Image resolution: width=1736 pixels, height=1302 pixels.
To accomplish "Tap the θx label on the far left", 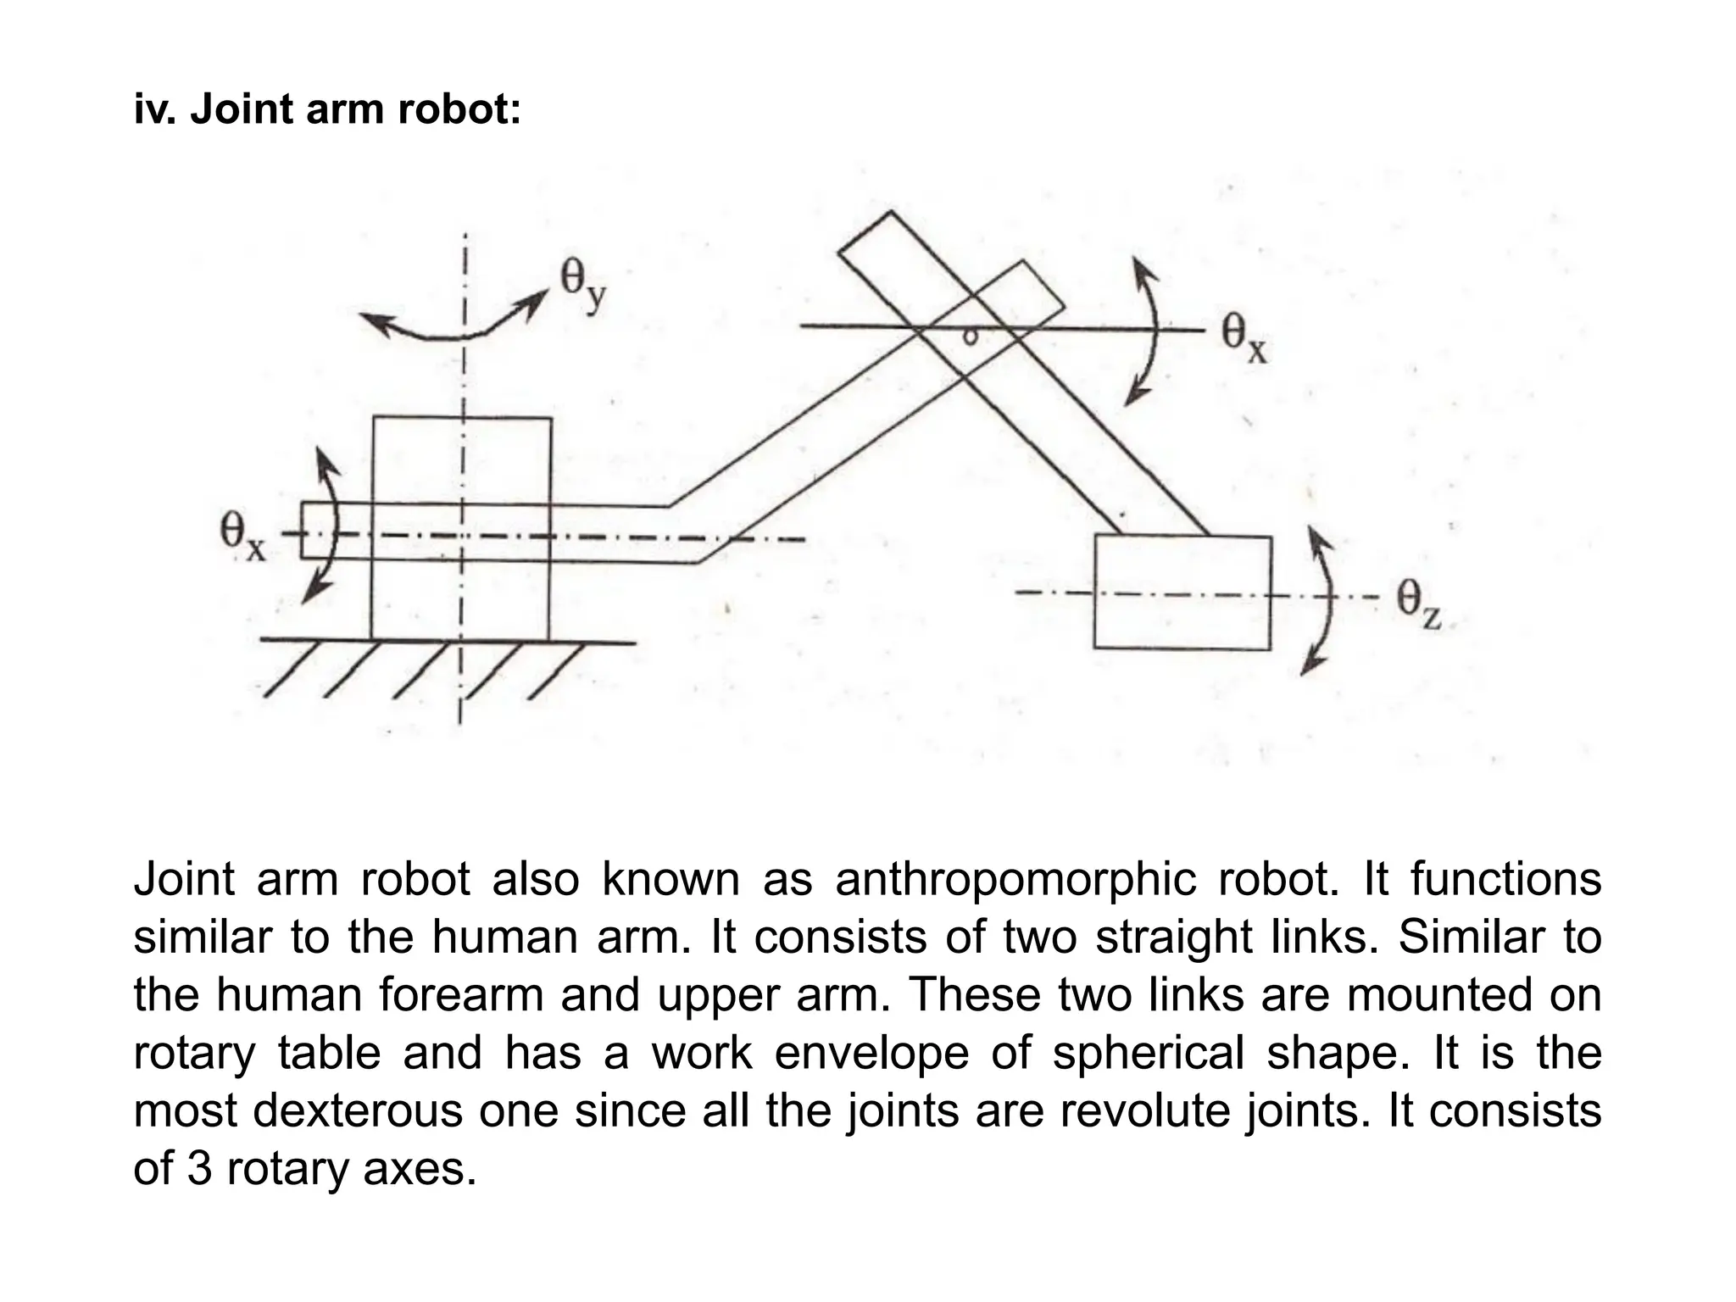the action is [x=242, y=537].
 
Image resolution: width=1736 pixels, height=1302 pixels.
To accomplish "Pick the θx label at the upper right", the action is [x=1244, y=338].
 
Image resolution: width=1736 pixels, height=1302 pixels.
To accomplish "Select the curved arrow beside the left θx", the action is [x=326, y=526].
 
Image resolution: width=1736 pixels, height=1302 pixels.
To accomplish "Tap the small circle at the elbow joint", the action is [x=971, y=337].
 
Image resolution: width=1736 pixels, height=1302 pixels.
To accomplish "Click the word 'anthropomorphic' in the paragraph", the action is [x=1015, y=879].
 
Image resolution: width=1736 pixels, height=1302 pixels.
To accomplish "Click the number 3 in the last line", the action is [x=199, y=1168].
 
